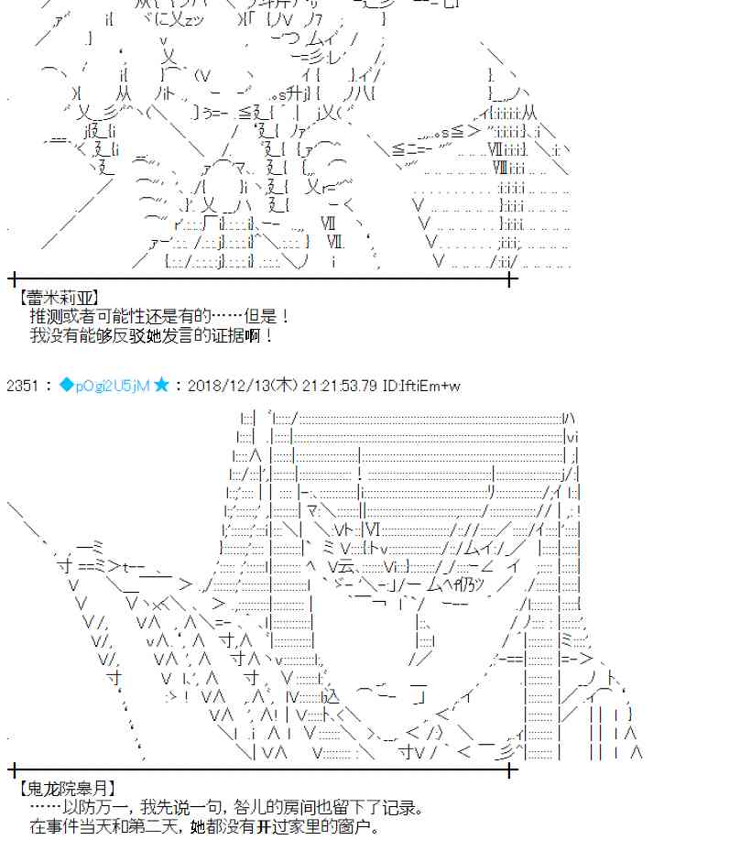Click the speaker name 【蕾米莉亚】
60,298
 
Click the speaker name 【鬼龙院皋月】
67,789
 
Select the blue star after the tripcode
161,386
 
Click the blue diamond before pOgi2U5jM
66,386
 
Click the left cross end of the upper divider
13,278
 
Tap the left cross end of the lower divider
13,769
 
